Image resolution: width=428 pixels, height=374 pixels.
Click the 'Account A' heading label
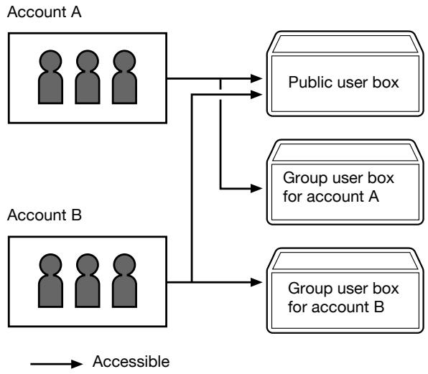coord(45,12)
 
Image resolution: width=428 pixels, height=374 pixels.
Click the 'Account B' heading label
coord(45,215)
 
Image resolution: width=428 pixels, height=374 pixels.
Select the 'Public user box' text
coord(344,83)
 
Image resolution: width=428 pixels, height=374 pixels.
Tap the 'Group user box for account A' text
coord(338,187)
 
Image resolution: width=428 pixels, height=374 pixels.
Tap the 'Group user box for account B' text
coord(343,298)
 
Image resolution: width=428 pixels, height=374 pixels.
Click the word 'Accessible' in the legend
coord(131,362)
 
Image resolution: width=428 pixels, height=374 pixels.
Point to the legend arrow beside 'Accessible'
coord(57,364)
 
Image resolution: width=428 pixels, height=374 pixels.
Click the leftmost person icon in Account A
coord(50,77)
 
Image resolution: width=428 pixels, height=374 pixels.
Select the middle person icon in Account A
coord(88,77)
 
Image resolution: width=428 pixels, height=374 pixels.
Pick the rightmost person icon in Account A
coord(124,77)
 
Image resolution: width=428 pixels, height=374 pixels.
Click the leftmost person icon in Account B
coord(50,281)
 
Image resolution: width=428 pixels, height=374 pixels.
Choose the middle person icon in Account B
coord(88,281)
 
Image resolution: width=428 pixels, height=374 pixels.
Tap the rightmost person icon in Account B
coord(124,281)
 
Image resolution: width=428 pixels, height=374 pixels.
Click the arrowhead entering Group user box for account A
coord(256,188)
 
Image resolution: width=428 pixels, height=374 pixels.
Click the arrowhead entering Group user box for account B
coord(256,282)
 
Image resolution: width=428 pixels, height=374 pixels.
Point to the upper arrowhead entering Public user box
coord(256,78)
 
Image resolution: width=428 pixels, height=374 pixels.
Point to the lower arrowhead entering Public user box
coord(256,95)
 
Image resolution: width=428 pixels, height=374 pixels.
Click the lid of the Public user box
coord(345,44)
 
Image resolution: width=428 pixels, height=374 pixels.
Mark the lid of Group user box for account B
coord(345,261)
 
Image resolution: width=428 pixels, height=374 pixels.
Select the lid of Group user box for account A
coord(345,152)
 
